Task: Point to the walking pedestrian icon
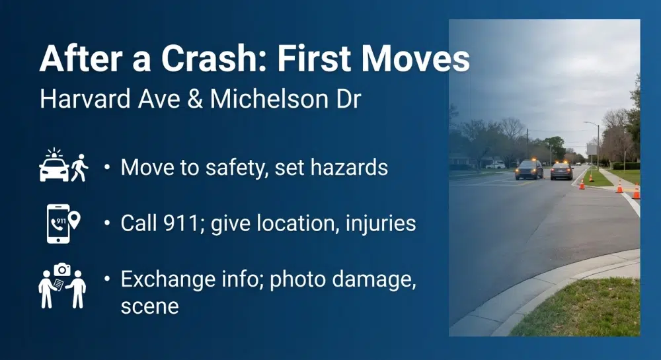click(x=79, y=167)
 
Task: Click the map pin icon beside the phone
click(x=75, y=219)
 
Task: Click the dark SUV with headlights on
click(x=529, y=170)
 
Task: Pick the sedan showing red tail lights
click(x=561, y=170)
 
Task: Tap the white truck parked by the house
click(x=495, y=164)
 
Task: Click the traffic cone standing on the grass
click(x=619, y=188)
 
